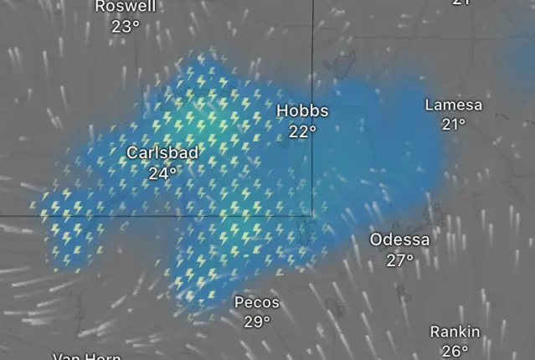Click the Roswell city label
tap(126, 7)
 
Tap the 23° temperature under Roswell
tap(126, 26)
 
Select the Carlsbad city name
tap(162, 153)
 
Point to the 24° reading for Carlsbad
tap(162, 173)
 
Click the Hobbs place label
tap(302, 111)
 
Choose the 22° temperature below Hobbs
tap(302, 131)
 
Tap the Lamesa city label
tap(454, 105)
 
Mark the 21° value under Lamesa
tap(454, 124)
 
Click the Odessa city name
tap(400, 240)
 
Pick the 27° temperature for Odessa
tap(400, 260)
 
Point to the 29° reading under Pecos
tap(257, 321)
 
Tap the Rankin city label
tap(455, 332)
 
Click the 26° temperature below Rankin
tap(455, 351)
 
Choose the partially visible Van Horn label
tap(87, 357)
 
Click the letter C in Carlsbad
tap(132, 153)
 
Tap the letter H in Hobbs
tap(282, 111)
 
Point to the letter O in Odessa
tap(377, 240)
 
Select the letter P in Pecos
tap(239, 301)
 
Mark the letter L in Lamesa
tap(430, 105)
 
